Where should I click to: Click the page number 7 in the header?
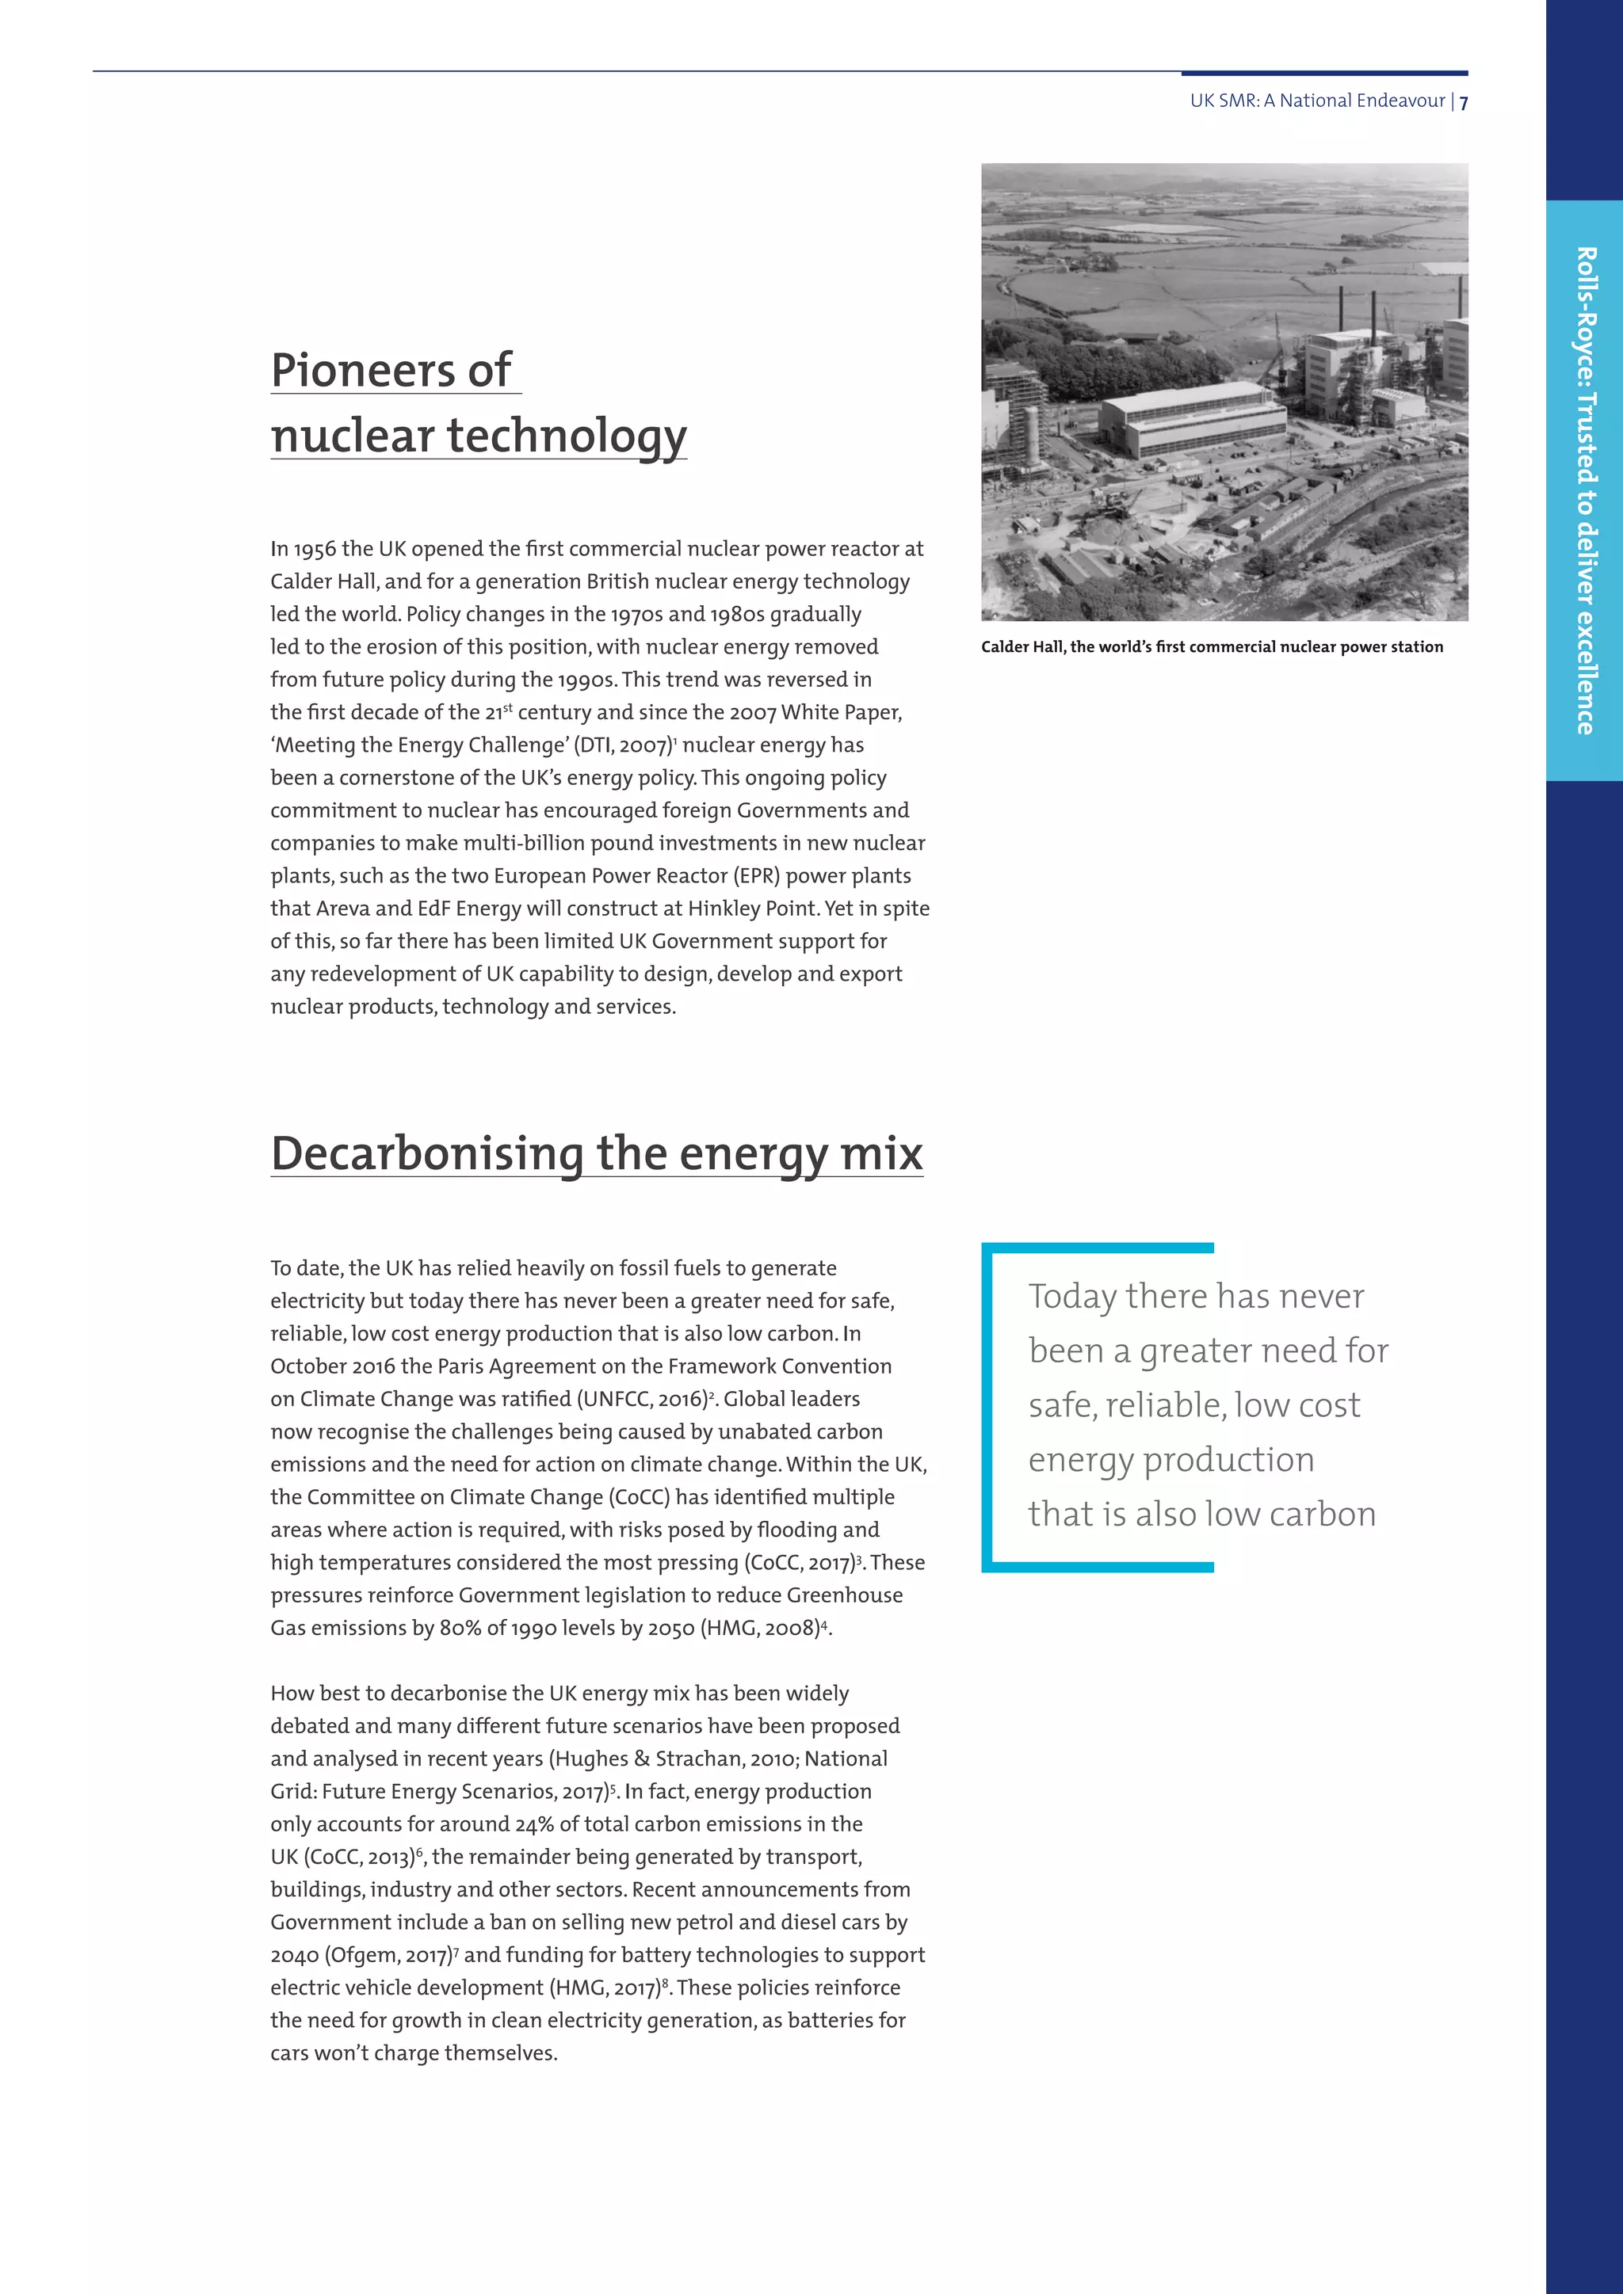[x=1463, y=102]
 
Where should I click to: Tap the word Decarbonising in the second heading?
[x=426, y=1153]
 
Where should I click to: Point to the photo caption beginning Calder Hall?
[x=1211, y=647]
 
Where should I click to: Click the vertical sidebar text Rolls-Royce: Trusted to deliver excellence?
[x=1584, y=490]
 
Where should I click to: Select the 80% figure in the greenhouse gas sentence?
[x=460, y=1629]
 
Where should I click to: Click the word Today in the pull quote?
[x=1072, y=1297]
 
